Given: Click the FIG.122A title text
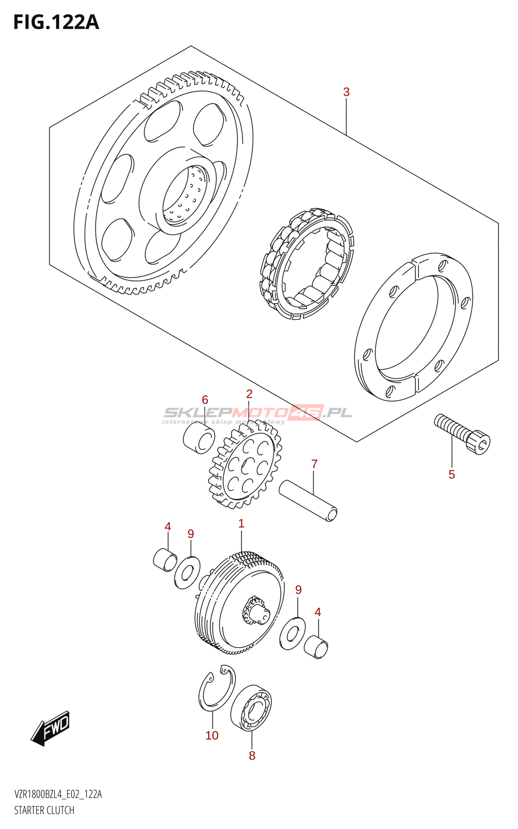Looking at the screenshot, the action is click(x=56, y=22).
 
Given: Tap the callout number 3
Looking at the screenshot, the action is click(x=346, y=92).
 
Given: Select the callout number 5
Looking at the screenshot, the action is click(x=452, y=475).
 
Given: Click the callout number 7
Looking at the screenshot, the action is click(x=314, y=464).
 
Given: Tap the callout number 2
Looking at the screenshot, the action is click(x=249, y=394).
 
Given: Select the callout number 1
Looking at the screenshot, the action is click(x=241, y=524).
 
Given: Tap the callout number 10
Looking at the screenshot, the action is click(x=212, y=736).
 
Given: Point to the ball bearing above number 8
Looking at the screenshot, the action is click(x=251, y=707).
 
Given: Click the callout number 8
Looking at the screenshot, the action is click(x=252, y=756).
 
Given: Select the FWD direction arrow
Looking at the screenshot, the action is click(x=50, y=728).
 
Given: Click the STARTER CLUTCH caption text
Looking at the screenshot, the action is click(x=44, y=810).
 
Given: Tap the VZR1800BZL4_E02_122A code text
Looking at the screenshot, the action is click(x=58, y=795).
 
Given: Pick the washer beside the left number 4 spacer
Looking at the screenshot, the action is click(x=187, y=573).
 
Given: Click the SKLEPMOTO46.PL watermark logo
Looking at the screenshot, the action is click(x=258, y=413).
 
